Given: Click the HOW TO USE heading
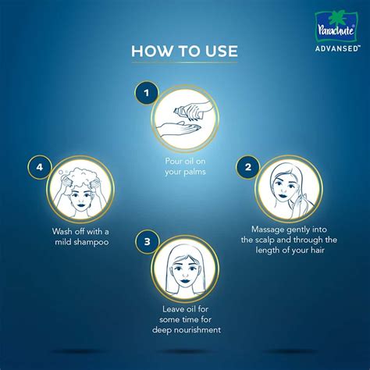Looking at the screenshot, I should point(184,52).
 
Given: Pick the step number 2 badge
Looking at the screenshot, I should point(247,167).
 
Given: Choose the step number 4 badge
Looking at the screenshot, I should point(39,167).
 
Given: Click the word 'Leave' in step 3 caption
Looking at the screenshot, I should point(164,308).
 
